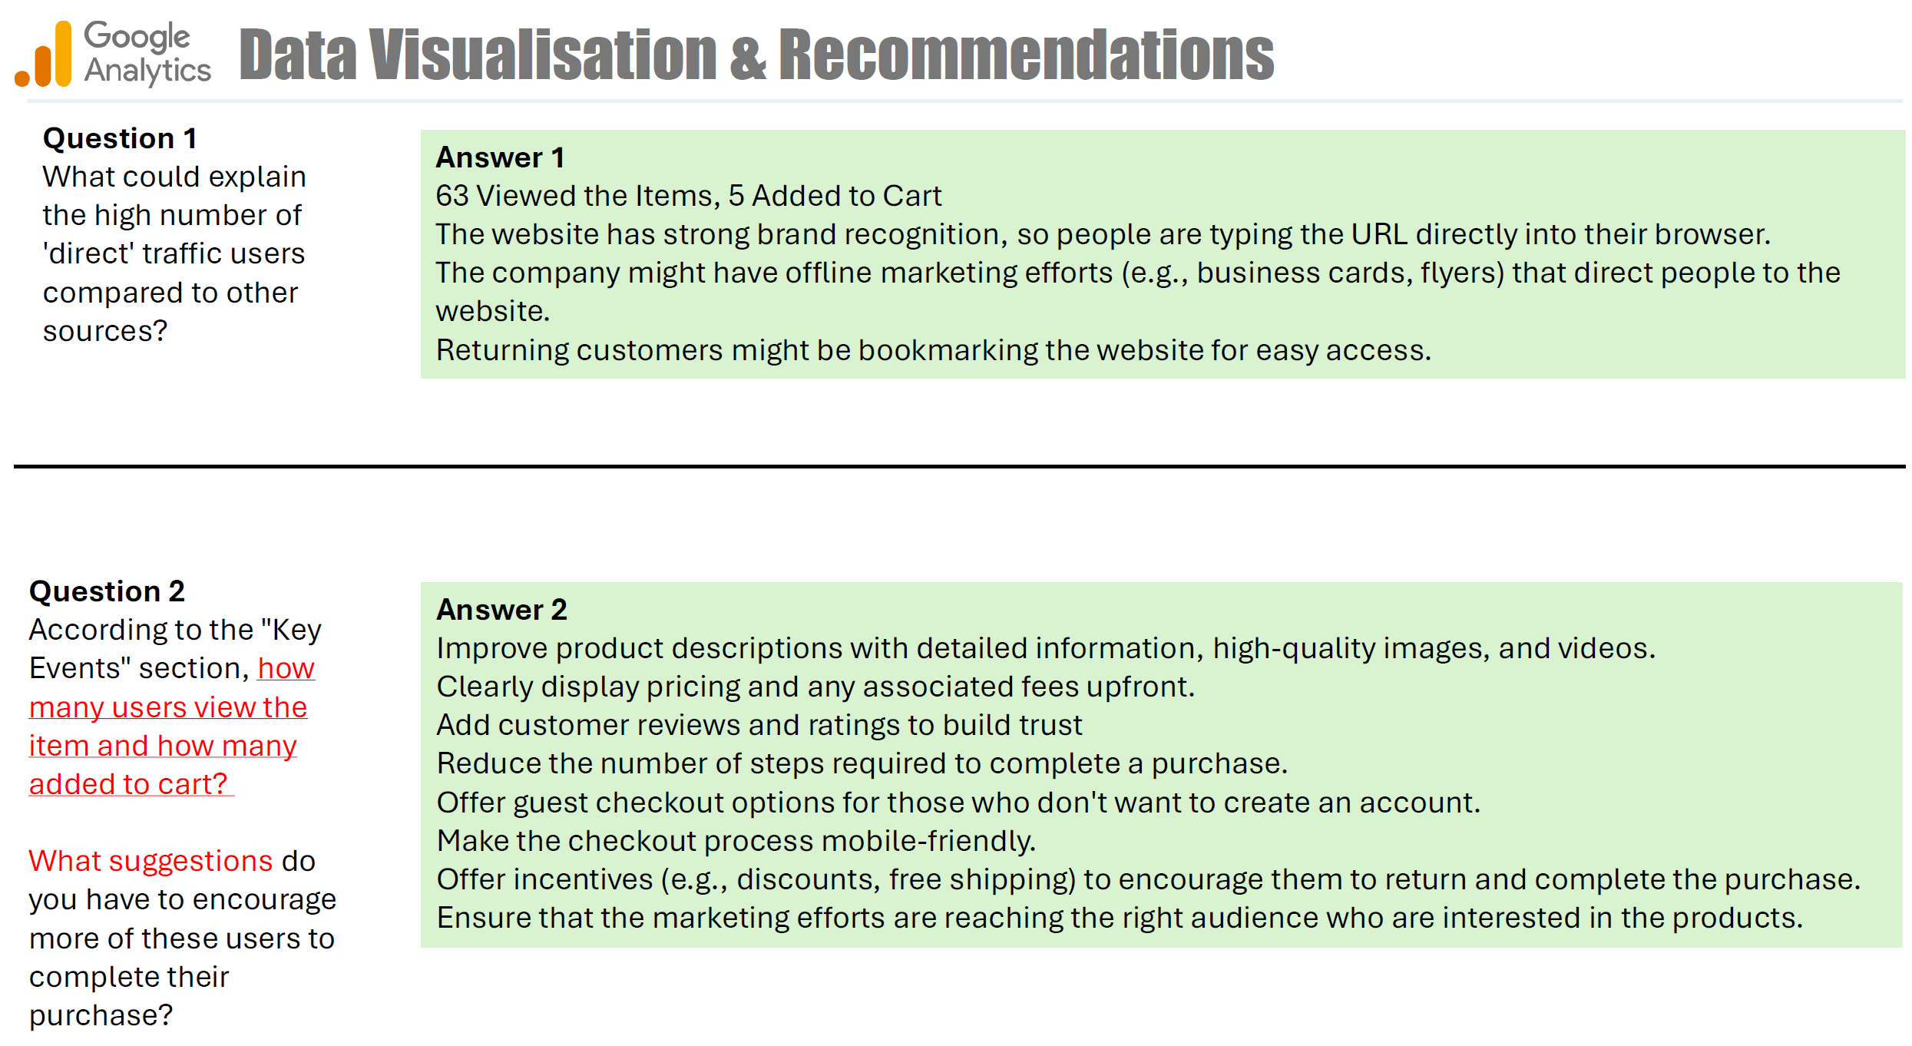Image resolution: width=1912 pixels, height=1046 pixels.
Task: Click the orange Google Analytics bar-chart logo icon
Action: (x=44, y=54)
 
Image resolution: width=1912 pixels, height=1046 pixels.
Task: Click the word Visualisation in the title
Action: (x=543, y=55)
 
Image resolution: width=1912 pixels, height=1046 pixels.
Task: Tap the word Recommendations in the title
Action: (x=1027, y=55)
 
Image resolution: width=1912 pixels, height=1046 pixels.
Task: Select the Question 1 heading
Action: (x=120, y=138)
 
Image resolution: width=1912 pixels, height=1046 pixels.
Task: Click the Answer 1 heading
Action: (x=500, y=157)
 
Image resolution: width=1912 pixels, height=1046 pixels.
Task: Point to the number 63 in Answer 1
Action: (x=452, y=196)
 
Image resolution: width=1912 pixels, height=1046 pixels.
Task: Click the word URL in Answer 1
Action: (x=1379, y=234)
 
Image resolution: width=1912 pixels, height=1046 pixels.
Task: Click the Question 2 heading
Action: (x=107, y=591)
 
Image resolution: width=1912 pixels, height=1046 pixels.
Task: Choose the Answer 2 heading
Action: (x=501, y=610)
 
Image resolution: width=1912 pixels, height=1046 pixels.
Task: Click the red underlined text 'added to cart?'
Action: (x=128, y=784)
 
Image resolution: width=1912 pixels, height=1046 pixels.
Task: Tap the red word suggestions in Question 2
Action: (x=190, y=861)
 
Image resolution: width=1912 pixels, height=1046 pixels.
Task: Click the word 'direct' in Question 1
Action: (x=88, y=253)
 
